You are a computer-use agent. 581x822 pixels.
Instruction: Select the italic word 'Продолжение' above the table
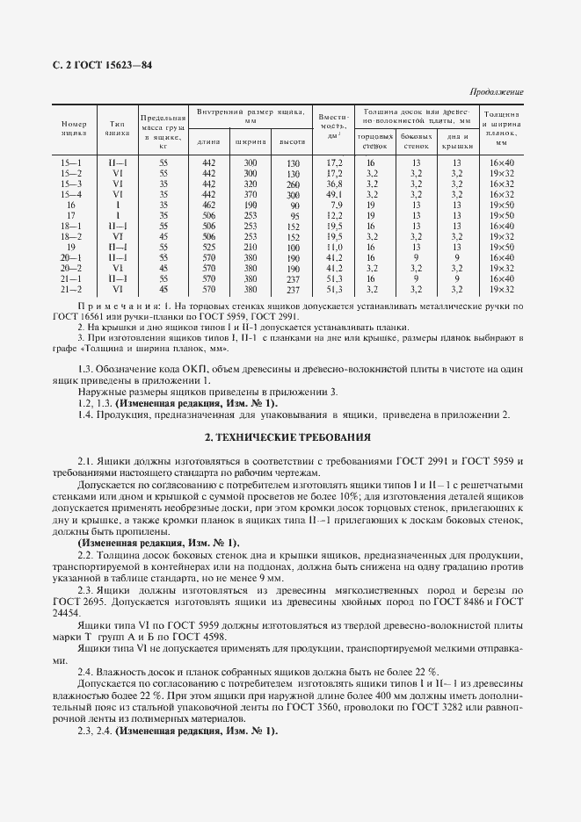pyautogui.click(x=497, y=92)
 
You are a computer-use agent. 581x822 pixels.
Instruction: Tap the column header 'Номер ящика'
pyautogui.click(x=74, y=129)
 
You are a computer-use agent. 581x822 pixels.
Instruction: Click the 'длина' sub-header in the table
pyautogui.click(x=208, y=141)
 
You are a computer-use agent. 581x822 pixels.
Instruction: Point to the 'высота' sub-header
pyautogui.click(x=293, y=141)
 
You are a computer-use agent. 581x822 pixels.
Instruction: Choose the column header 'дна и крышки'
pyautogui.click(x=457, y=141)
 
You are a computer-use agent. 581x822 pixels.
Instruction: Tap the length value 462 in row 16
pyautogui.click(x=208, y=205)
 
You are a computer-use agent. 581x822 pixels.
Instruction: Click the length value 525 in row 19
pyautogui.click(x=208, y=248)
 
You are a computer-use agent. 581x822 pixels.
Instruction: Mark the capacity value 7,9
pyautogui.click(x=335, y=205)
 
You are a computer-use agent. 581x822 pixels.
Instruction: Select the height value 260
pyautogui.click(x=293, y=184)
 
